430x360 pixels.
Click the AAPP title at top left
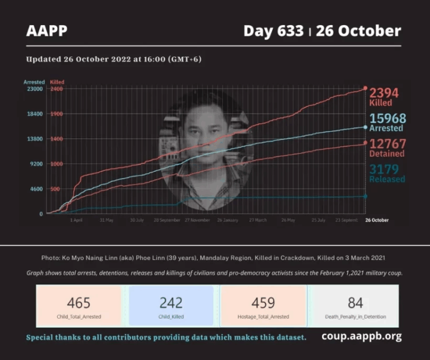coord(46,31)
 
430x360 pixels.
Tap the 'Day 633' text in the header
coord(274,31)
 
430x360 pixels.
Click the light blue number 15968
coord(387,118)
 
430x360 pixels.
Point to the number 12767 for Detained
coord(386,143)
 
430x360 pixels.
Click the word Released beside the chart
coord(386,179)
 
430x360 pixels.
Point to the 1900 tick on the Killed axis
coord(57,114)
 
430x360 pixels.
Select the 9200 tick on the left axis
coord(36,164)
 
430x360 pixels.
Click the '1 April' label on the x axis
coord(76,221)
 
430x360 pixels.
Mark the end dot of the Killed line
coord(365,88)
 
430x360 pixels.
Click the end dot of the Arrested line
coord(365,127)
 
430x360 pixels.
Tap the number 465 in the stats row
coord(78,303)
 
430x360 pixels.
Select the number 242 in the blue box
coord(171,303)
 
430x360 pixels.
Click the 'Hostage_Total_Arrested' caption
coord(263,317)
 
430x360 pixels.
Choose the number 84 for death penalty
coord(355,303)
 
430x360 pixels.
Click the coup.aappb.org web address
coord(361,336)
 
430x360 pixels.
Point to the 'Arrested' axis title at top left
coord(34,82)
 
